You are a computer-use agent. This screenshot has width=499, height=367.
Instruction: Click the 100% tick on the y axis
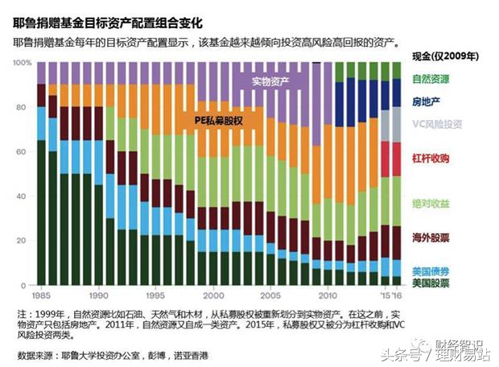click(23, 63)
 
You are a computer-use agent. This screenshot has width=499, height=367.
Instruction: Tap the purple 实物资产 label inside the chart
click(270, 80)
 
